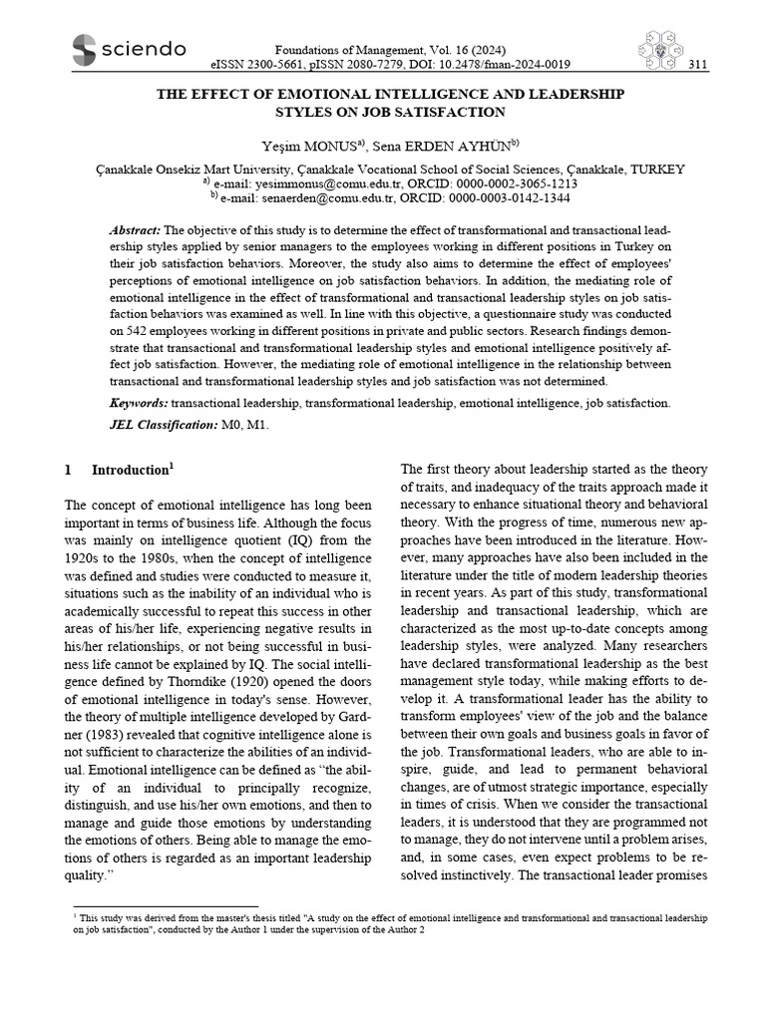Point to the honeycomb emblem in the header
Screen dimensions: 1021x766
pyautogui.click(x=654, y=51)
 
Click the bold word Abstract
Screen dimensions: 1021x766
pyautogui.click(x=134, y=230)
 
